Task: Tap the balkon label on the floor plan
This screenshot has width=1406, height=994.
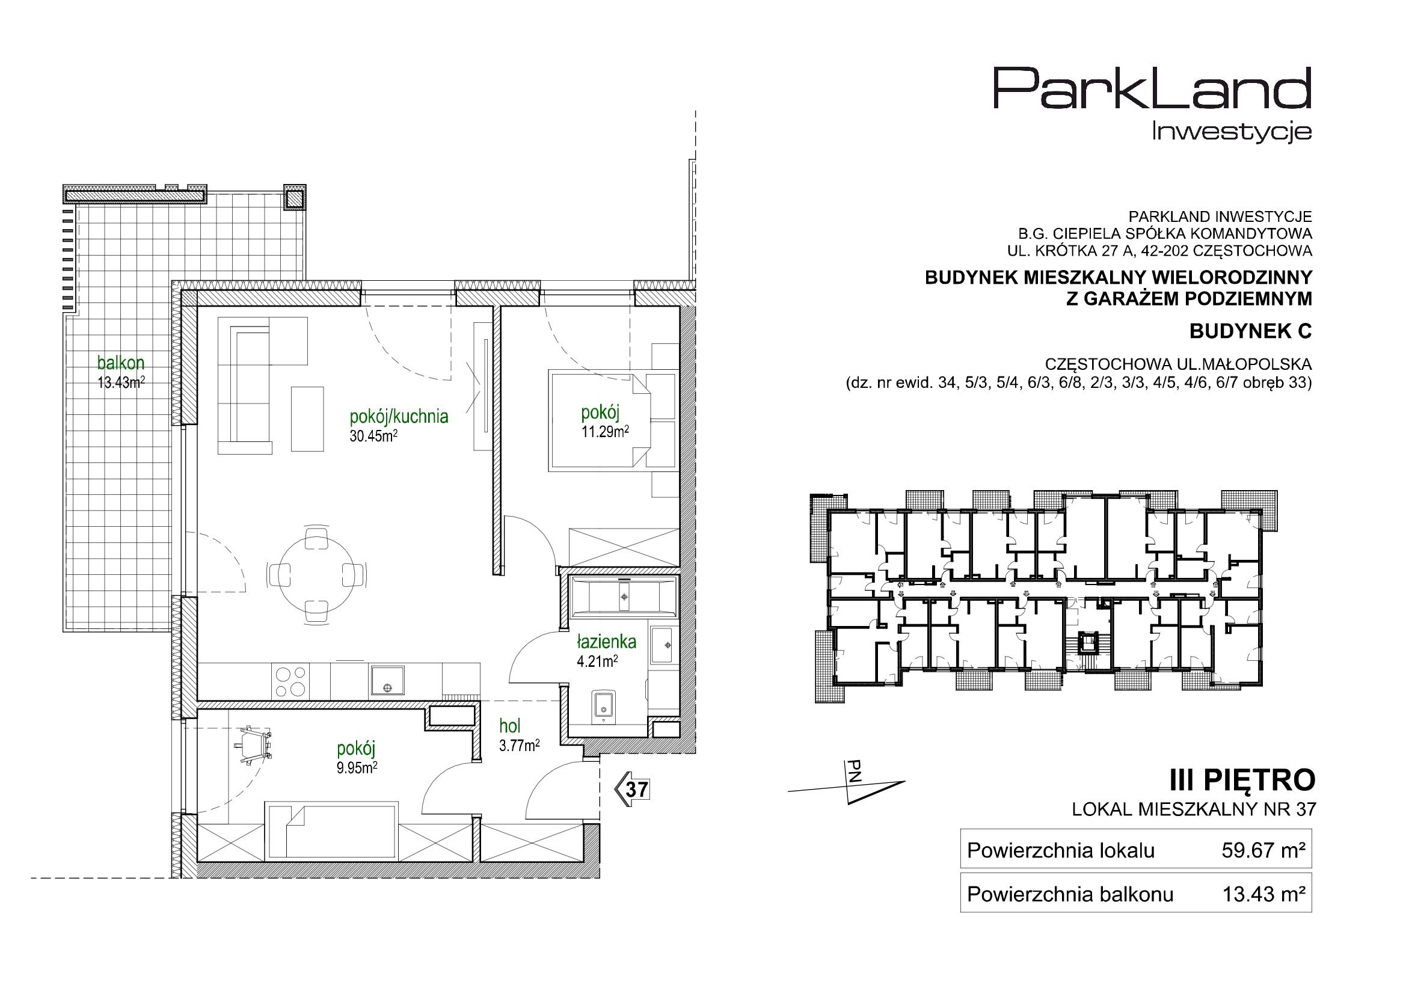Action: click(x=121, y=363)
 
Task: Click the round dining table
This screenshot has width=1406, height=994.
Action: click(x=318, y=574)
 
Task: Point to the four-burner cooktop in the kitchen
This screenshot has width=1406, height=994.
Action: click(x=290, y=681)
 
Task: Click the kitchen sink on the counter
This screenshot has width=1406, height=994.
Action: click(x=387, y=681)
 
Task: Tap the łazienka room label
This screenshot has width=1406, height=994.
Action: click(x=606, y=642)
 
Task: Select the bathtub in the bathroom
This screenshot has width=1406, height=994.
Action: click(x=624, y=595)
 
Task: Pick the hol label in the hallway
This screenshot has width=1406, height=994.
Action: click(x=510, y=726)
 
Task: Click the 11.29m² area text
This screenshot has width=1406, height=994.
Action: click(x=605, y=432)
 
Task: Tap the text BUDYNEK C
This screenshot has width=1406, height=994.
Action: click(x=1250, y=331)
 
